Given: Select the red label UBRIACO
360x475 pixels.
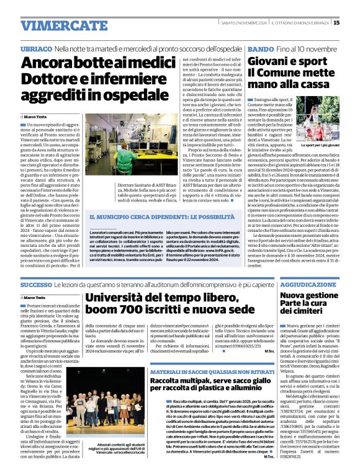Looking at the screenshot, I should click(x=35, y=48).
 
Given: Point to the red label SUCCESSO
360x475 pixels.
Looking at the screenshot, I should click(x=36, y=285).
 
